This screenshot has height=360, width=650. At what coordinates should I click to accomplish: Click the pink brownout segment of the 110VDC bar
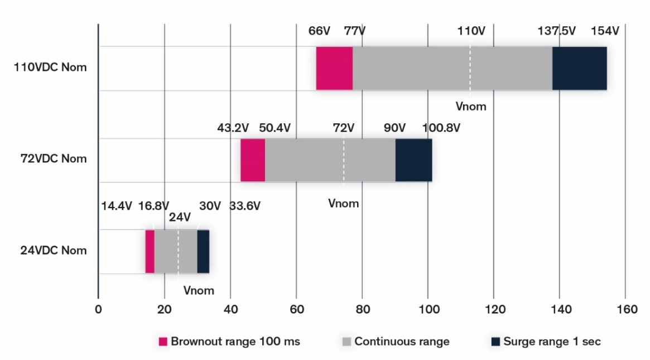334,68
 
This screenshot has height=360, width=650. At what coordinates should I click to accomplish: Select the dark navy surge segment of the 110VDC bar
579,68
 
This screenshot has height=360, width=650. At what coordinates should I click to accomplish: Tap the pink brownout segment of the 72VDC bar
253,160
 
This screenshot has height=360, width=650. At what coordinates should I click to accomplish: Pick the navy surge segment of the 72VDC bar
413,160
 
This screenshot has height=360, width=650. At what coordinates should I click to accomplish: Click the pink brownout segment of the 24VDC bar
150,251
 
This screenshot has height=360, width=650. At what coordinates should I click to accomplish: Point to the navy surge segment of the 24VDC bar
203,251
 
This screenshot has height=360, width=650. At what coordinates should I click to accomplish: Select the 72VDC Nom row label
53,159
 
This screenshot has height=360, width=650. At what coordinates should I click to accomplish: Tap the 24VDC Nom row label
53,251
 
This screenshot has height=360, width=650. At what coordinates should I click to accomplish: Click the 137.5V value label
556,31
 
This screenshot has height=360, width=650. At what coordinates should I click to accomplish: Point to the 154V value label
605,31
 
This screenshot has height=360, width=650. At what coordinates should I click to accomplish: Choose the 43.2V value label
233,128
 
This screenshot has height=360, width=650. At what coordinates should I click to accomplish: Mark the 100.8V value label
441,128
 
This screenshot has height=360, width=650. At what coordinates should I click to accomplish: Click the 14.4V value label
116,206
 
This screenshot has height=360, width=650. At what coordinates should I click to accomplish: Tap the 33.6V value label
245,206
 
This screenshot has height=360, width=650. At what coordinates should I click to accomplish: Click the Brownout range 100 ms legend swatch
163,342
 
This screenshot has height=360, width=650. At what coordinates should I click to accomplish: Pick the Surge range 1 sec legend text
551,342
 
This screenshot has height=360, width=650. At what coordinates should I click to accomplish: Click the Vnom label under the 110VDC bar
470,106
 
